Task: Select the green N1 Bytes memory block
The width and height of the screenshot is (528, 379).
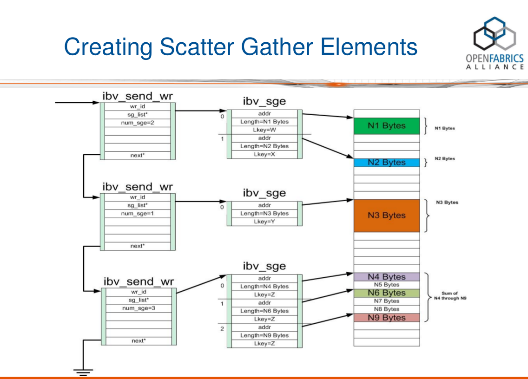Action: (386, 126)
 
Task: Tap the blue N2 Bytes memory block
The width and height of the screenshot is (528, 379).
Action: (386, 163)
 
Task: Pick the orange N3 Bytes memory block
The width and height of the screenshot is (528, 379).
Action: (386, 216)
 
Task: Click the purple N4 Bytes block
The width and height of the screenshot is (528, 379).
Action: (386, 277)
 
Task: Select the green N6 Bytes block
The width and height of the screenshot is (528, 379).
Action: (386, 293)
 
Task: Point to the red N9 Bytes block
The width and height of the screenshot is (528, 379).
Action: (386, 318)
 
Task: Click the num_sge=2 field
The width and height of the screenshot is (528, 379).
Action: (138, 123)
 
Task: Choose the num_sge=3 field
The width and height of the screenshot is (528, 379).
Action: (138, 308)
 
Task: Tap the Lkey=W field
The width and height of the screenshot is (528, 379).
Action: (264, 130)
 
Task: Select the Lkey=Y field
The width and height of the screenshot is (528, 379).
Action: (264, 222)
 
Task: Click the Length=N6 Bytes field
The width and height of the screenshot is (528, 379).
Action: (264, 311)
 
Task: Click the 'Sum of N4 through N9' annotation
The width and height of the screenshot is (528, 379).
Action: (449, 296)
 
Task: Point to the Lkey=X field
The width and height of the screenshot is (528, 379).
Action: (264, 154)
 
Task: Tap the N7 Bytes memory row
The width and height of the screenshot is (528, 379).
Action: (386, 301)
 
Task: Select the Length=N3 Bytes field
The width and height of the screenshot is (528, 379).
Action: (264, 214)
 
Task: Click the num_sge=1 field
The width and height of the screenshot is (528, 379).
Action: (138, 213)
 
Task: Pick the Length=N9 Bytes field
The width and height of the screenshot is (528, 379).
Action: (264, 335)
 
